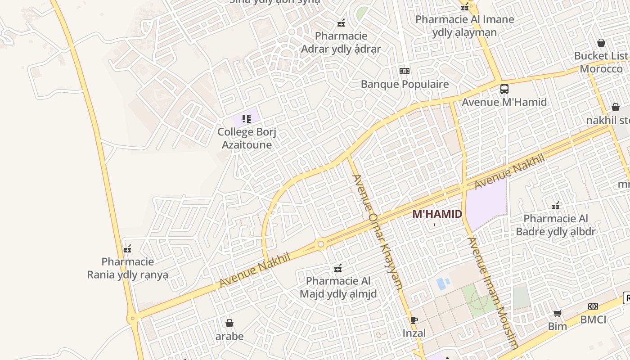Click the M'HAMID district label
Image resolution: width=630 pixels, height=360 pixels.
point(437,214)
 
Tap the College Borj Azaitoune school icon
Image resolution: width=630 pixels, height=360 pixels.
point(246,119)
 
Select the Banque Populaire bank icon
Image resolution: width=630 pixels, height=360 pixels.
point(405,71)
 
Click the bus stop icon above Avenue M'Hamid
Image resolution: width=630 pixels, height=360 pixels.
point(504,89)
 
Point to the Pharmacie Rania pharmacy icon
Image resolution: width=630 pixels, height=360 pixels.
point(127,249)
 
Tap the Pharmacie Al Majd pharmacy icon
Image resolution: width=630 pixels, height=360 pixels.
point(338,269)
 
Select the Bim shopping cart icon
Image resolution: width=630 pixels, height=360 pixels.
point(558,313)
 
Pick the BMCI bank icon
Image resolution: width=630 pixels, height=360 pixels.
point(593,306)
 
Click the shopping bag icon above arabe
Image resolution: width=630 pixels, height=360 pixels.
point(229,323)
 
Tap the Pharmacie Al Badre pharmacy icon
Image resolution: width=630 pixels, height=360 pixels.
point(556,206)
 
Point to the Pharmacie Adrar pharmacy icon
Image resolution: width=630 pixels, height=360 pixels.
point(341,23)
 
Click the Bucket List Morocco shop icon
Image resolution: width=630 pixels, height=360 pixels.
point(601,43)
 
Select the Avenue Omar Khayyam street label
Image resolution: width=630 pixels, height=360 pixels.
point(377,231)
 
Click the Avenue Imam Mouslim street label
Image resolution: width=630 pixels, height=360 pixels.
point(493,292)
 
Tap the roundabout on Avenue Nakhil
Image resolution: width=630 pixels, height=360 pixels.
point(320,244)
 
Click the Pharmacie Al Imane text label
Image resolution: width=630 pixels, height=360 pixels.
point(464,19)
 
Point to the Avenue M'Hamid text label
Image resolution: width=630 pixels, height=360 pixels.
point(504,102)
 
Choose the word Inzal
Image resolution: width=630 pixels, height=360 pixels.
point(414,333)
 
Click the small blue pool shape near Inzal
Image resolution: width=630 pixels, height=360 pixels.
point(441,283)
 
